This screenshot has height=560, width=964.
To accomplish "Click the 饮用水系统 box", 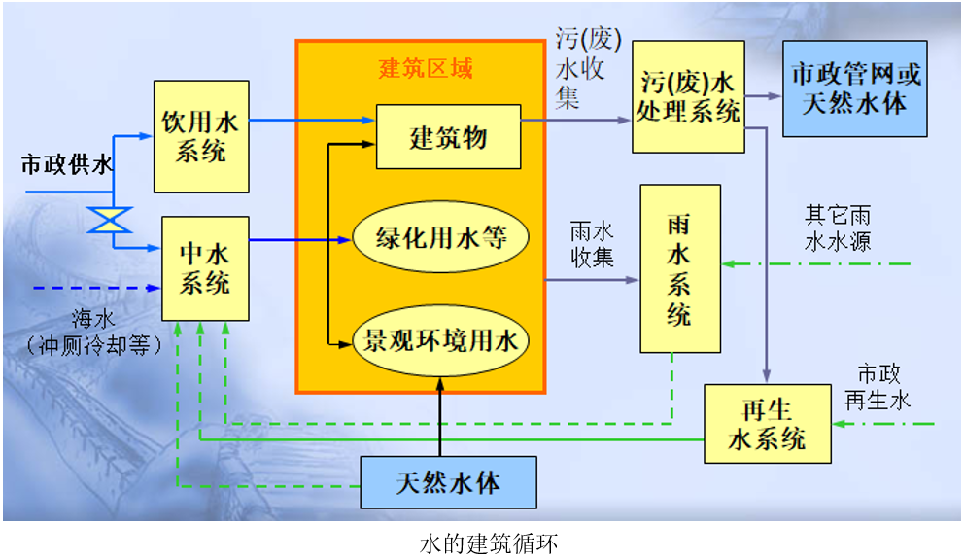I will pyautogui.click(x=200, y=137).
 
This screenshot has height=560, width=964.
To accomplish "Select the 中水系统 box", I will pyautogui.click(x=205, y=268).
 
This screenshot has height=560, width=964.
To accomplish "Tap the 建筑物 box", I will pyautogui.click(x=448, y=137).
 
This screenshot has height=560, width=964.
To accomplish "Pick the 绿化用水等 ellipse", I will pyautogui.click(x=441, y=237).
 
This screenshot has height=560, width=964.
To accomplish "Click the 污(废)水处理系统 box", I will pyautogui.click(x=688, y=96).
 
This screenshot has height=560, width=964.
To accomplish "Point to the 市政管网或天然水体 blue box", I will pyautogui.click(x=855, y=88).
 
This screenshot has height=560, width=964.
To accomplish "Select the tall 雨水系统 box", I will pyautogui.click(x=679, y=268).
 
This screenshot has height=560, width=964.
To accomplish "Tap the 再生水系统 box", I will pyautogui.click(x=768, y=423).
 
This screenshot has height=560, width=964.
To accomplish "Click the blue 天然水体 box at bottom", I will pyautogui.click(x=448, y=482).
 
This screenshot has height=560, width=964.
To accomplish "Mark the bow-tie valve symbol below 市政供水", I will pyautogui.click(x=110, y=219).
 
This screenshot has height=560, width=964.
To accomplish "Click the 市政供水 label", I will pyautogui.click(x=66, y=165).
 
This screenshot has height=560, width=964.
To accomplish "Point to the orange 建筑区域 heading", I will pyautogui.click(x=425, y=69).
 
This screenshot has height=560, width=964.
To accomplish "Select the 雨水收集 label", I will pyautogui.click(x=591, y=245).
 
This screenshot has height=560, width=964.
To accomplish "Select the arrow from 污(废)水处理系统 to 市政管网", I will pyautogui.click(x=764, y=96).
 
